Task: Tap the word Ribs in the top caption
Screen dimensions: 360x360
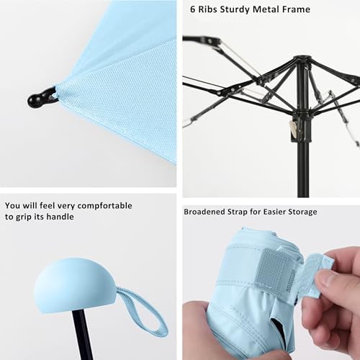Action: point(213,9)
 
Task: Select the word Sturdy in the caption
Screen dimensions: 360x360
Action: point(245,9)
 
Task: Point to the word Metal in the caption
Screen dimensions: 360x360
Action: point(277,9)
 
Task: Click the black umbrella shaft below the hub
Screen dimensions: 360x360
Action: point(303,166)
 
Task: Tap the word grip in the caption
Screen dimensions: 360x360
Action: point(27,217)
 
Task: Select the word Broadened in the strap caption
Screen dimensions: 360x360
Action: point(207,212)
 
